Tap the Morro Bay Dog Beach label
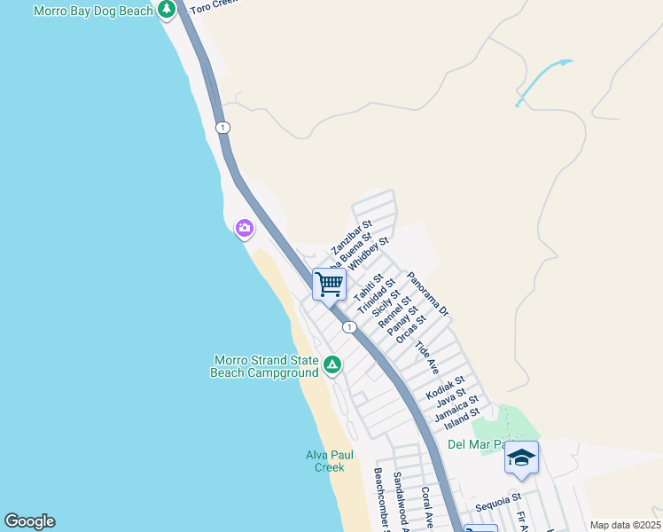tap(93, 11)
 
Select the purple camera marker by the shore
tap(244, 229)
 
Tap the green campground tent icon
tap(331, 364)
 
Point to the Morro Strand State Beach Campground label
tap(264, 367)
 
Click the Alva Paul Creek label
tap(330, 461)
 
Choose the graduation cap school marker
tap(521, 458)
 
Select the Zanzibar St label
tap(352, 237)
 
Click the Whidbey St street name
tap(367, 254)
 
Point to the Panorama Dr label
tap(429, 294)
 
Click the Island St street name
tap(462, 413)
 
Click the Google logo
tap(29, 521)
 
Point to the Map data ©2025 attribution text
tap(624, 525)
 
